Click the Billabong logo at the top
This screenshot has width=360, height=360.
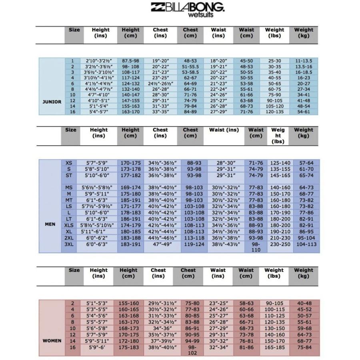tap(187, 6)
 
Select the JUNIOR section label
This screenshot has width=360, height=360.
tap(52, 102)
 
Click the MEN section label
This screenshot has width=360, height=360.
tap(50, 224)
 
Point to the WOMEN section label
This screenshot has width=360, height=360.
tap(52, 341)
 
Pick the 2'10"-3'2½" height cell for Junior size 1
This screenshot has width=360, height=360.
tap(98, 61)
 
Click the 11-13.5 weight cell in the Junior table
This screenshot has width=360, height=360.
tap(304, 61)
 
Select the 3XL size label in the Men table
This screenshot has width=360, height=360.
tap(69, 244)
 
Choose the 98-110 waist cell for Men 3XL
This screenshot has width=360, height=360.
tap(256, 247)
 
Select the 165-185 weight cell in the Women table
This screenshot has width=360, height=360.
tap(274, 348)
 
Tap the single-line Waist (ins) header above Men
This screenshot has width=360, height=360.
tap(224, 130)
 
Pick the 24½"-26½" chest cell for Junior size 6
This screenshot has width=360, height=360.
tap(160, 84)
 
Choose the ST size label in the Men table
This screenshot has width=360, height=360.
tap(69, 175)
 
